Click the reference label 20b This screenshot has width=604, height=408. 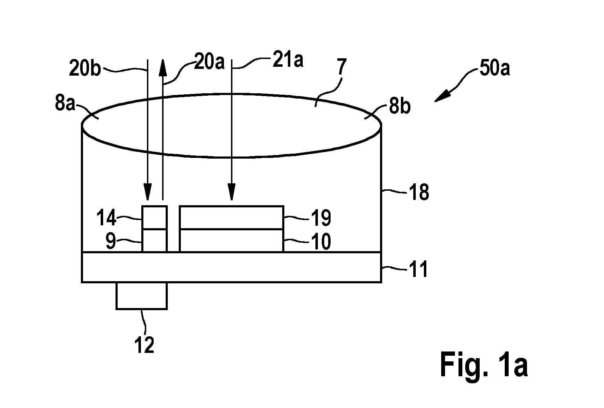[x=85, y=69]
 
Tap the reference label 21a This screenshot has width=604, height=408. [x=288, y=59]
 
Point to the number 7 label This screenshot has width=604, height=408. [x=342, y=67]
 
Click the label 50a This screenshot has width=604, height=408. [x=495, y=68]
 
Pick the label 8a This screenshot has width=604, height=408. [x=65, y=103]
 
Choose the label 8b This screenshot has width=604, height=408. [x=399, y=106]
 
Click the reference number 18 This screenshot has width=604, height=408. [x=419, y=192]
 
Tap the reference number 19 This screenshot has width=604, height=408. [x=321, y=218]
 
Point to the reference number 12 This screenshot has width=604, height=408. [x=144, y=345]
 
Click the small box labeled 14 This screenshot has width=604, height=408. [x=154, y=218]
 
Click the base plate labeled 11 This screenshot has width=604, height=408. [x=232, y=267]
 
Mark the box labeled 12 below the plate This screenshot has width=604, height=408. [x=142, y=296]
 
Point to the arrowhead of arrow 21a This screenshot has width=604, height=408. [x=232, y=192]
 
